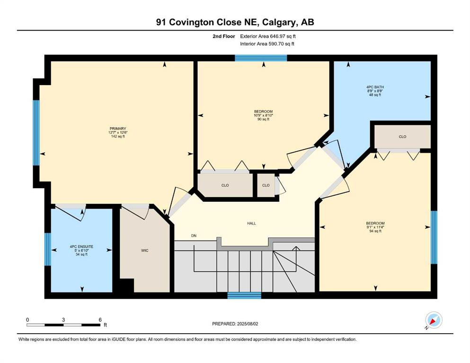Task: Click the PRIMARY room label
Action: [x=118, y=129]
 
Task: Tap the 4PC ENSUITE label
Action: [x=81, y=247]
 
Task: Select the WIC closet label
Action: [x=145, y=251]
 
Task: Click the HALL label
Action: [x=251, y=223]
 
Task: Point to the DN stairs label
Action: [x=194, y=235]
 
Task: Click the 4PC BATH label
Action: [x=375, y=87]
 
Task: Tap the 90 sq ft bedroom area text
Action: [x=264, y=119]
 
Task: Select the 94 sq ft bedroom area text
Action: [x=375, y=231]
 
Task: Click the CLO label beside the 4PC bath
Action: [x=403, y=137]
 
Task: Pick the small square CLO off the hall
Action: [x=266, y=185]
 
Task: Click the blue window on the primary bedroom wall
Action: [x=36, y=132]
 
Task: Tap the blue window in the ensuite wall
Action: [x=48, y=249]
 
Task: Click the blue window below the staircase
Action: [x=244, y=295]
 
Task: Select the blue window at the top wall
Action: [x=261, y=58]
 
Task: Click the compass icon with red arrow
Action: [x=434, y=320]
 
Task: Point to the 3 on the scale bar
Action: [x=63, y=320]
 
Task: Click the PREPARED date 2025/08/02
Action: [x=235, y=324]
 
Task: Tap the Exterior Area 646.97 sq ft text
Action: [x=268, y=36]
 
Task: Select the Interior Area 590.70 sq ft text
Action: [x=267, y=43]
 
